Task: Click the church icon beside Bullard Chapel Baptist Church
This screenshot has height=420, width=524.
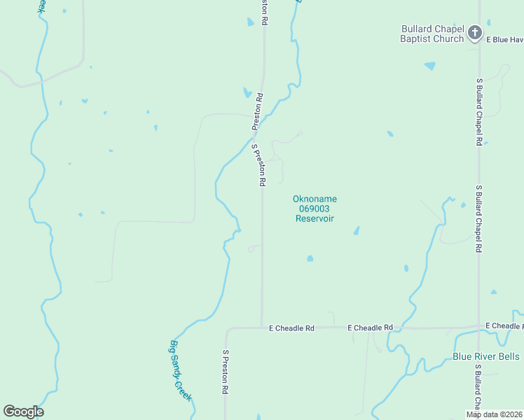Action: [x=475, y=32]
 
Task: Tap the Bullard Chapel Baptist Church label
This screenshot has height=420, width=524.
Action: [x=432, y=34]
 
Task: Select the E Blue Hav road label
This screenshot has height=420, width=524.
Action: [x=505, y=39]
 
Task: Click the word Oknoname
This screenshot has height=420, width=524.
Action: [x=315, y=199]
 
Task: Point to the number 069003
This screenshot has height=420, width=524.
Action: [x=315, y=209]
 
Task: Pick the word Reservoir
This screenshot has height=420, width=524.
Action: [x=315, y=218]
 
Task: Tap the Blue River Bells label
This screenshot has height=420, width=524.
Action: [x=485, y=356]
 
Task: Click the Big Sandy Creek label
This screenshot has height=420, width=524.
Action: [x=181, y=370]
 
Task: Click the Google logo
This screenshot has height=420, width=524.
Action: [x=24, y=412]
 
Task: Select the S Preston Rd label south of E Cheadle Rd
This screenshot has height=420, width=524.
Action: [x=227, y=371]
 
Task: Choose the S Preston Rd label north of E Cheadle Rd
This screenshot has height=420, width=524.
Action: [x=258, y=165]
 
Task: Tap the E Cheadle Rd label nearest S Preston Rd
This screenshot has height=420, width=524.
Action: [x=291, y=328]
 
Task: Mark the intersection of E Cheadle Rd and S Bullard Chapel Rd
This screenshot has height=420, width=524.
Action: [x=478, y=327]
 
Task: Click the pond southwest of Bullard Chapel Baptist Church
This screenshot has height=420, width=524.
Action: [x=429, y=66]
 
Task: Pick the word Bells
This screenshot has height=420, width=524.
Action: [x=508, y=356]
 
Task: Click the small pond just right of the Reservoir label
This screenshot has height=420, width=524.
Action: [x=356, y=230]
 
